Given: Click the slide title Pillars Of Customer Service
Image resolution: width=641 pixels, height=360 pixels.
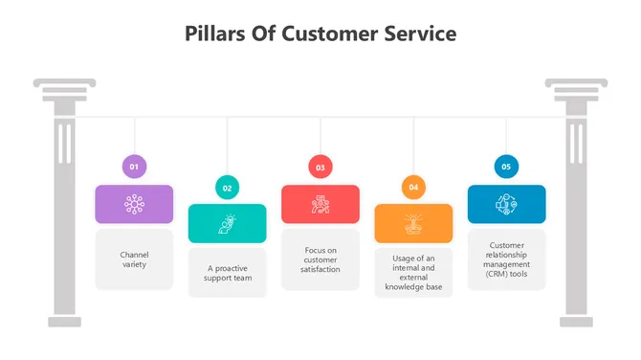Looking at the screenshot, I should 320,34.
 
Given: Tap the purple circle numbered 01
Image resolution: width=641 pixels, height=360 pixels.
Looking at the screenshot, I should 134,167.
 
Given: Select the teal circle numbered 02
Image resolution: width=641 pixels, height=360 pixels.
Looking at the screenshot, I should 227,188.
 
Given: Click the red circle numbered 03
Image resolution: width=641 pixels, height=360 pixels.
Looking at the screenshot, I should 320,167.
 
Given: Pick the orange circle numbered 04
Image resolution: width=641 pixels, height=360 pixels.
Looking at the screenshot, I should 413,188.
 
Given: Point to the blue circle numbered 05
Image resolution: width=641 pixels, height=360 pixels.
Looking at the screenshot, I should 506,167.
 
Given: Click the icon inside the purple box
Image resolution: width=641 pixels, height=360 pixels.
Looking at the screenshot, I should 134,204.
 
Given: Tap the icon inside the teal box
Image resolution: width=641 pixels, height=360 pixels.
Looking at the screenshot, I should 227,223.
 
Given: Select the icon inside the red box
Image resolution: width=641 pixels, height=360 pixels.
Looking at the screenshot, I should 320,204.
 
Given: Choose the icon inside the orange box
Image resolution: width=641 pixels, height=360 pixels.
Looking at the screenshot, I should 413,223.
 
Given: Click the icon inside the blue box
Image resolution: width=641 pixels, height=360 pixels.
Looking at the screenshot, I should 506,204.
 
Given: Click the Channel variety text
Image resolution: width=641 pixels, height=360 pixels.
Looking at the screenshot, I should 134,259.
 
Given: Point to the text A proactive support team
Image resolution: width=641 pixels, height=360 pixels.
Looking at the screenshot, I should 227,273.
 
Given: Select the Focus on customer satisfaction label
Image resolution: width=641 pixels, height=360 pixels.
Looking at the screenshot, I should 320,259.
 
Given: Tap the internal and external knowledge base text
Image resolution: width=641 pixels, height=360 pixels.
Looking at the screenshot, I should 413,272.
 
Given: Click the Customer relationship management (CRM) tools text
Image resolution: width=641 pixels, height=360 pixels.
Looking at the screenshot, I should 506,259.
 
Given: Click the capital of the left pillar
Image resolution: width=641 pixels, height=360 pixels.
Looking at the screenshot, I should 64,91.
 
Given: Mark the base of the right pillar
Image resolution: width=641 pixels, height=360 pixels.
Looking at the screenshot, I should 576,321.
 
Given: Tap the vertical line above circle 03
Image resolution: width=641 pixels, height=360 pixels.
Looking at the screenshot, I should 320,136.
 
